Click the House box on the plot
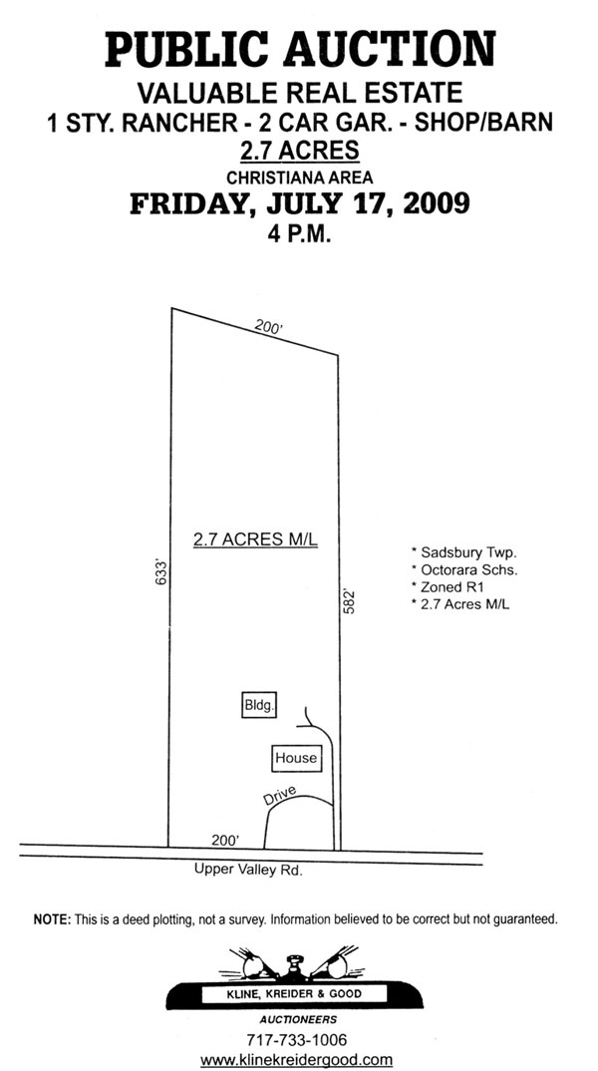point(296,758)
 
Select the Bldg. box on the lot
point(259,706)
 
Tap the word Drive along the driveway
point(279,796)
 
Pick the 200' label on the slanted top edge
point(269,327)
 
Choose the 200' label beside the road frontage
point(225,840)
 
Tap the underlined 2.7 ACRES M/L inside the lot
point(255,539)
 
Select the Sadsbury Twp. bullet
point(458,551)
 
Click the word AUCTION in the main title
point(390,49)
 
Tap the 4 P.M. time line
point(299,235)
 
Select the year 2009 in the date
point(437,202)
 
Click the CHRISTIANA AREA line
point(300,178)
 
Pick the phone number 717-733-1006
point(296,1040)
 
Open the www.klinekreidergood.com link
point(296,1060)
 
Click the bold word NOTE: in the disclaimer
point(52,919)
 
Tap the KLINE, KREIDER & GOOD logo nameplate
point(294,993)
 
